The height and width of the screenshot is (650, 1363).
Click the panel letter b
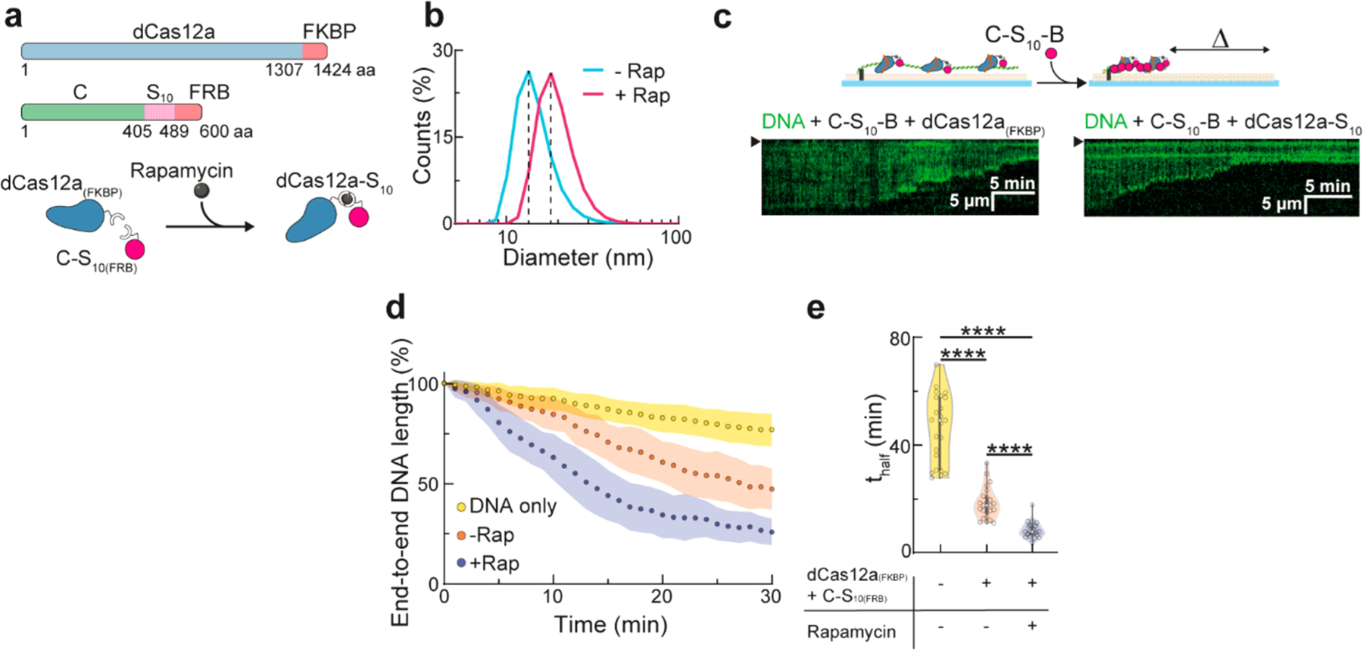(x=433, y=17)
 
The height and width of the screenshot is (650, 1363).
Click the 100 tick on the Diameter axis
(x=675, y=238)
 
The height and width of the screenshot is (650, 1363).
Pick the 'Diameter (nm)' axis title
(x=578, y=258)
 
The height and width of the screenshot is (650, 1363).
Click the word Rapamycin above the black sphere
(x=181, y=170)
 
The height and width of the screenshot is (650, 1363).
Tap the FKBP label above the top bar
(x=329, y=32)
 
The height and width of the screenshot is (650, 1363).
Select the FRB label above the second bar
(x=210, y=92)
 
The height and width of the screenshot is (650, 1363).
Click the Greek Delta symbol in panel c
(x=1220, y=39)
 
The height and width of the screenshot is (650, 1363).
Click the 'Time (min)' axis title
(x=610, y=625)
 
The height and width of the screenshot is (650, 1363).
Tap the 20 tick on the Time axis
(x=662, y=597)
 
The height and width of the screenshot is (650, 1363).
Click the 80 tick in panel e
(x=900, y=338)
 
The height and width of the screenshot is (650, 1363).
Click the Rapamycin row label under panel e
(x=851, y=632)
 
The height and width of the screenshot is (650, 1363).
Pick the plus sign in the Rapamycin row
(x=1031, y=626)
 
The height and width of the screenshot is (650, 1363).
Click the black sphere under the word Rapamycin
(x=201, y=191)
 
